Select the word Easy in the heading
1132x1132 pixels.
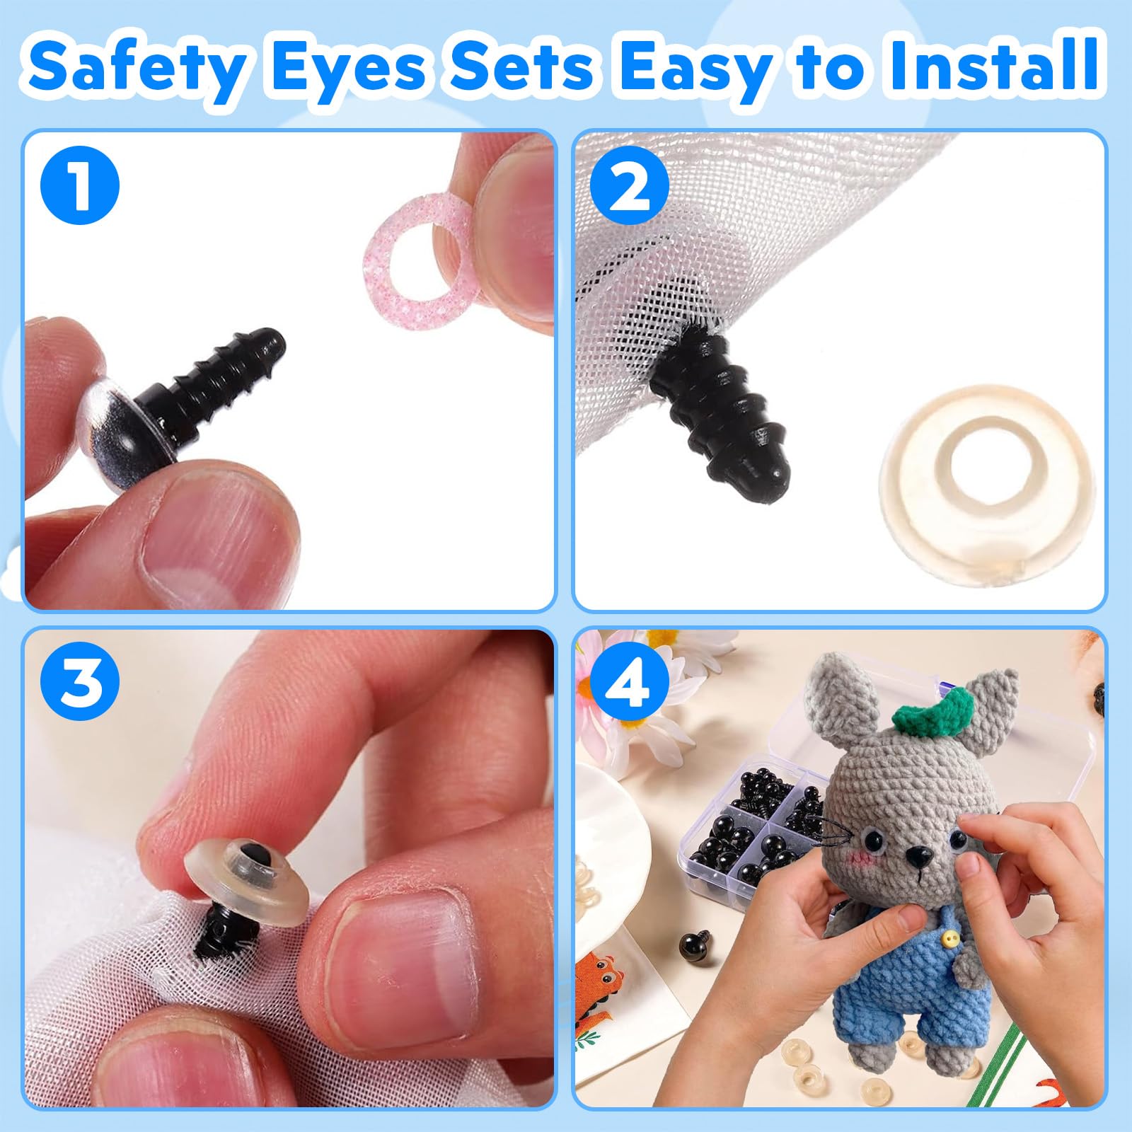tap(693, 67)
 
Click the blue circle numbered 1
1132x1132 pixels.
tap(80, 185)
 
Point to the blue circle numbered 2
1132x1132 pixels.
tap(629, 185)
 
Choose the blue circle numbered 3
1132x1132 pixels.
tap(80, 681)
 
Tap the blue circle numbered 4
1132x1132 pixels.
tap(629, 681)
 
